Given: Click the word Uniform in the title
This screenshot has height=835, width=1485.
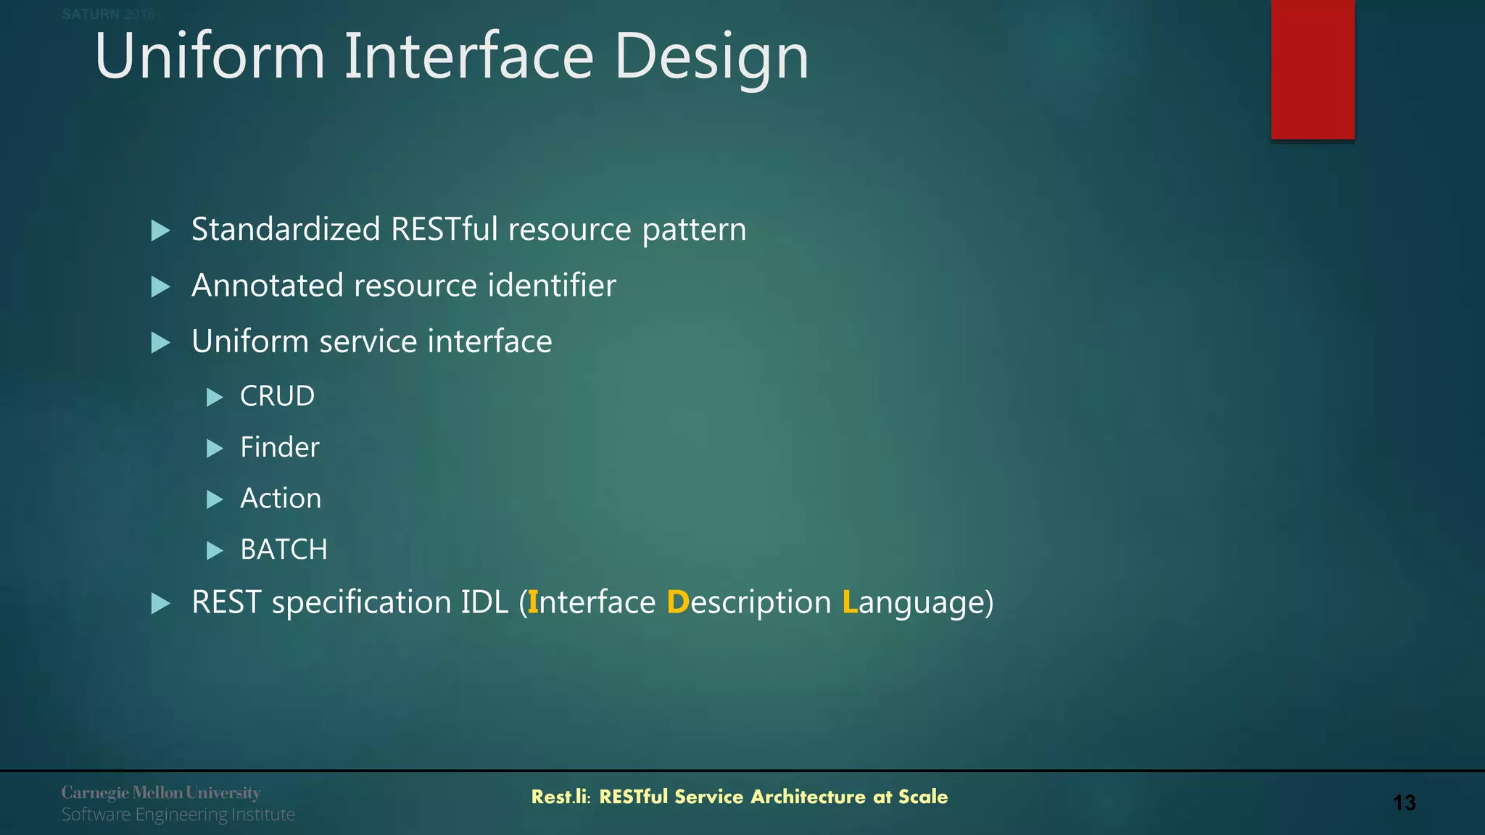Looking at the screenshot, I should pyautogui.click(x=210, y=57).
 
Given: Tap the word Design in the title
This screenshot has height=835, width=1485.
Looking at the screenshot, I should pyautogui.click(x=711, y=57).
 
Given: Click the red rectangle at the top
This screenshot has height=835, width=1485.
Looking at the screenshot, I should pyautogui.click(x=1312, y=70).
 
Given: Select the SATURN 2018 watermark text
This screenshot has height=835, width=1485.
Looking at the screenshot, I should pyautogui.click(x=108, y=14).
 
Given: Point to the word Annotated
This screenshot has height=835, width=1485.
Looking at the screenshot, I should pyautogui.click(x=267, y=285).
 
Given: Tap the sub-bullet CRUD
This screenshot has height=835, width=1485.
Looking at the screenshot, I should pyautogui.click(x=277, y=396).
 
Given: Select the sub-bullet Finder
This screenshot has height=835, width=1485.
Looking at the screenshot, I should pyautogui.click(x=279, y=447).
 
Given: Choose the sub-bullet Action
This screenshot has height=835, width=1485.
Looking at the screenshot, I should pyautogui.click(x=281, y=499).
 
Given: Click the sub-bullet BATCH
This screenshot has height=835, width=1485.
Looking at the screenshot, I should pyautogui.click(x=284, y=549).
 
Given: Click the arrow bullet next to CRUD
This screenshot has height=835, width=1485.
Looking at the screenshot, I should pyautogui.click(x=215, y=397).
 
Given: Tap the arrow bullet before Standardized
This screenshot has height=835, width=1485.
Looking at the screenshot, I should pyautogui.click(x=160, y=231).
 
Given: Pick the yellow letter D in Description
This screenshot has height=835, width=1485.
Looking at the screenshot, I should pyautogui.click(x=677, y=602).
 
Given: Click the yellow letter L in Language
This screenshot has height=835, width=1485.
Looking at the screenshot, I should pyautogui.click(x=849, y=602).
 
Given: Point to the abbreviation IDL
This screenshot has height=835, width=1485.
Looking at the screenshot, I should pyautogui.click(x=484, y=602).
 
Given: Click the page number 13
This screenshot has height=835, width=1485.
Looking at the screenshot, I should pyautogui.click(x=1404, y=803).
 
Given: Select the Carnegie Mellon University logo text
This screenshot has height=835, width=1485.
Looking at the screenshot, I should pyautogui.click(x=160, y=792).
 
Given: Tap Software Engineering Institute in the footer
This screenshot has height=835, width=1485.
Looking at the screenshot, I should pyautogui.click(x=178, y=815).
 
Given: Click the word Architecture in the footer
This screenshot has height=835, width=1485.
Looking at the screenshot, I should pyautogui.click(x=808, y=797).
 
